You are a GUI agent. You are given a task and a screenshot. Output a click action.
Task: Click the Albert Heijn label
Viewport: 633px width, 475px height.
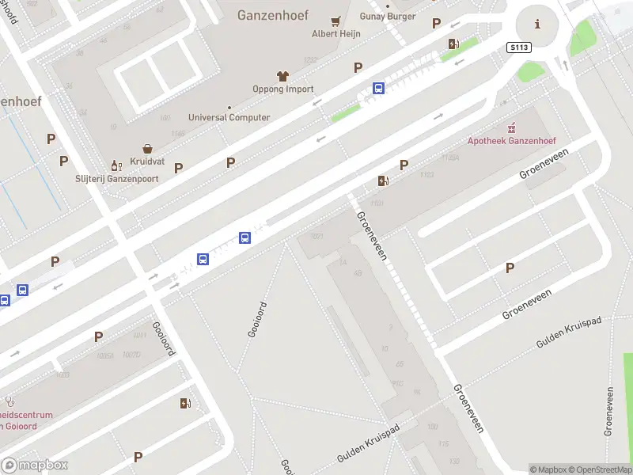pyautogui.click(x=336, y=34)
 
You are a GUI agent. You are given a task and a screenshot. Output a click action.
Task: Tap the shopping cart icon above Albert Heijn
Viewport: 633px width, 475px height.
pyautogui.click(x=336, y=21)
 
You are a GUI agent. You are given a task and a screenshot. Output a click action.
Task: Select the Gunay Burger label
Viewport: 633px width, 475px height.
pyautogui.click(x=388, y=17)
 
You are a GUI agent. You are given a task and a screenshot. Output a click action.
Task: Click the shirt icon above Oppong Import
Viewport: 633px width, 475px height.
pyautogui.click(x=283, y=76)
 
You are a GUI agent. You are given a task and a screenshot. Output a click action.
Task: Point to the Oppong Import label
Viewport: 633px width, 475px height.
pyautogui.click(x=283, y=89)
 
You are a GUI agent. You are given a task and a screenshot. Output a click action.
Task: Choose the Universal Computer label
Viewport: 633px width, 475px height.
pyautogui.click(x=229, y=118)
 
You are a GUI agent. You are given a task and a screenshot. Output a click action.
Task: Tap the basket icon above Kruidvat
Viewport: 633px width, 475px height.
pyautogui.click(x=147, y=148)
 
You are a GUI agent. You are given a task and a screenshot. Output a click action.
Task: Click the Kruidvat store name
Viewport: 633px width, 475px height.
pyautogui.click(x=147, y=161)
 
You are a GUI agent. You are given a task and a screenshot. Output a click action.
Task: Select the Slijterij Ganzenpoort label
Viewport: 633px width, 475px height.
pyautogui.click(x=117, y=179)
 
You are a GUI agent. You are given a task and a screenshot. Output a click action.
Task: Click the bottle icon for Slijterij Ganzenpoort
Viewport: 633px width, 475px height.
pyautogui.click(x=116, y=165)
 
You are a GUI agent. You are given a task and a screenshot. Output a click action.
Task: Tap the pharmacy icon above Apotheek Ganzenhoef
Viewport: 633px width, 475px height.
pyautogui.click(x=512, y=127)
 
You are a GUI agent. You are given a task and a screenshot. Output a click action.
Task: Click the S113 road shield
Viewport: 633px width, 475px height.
pyautogui.click(x=518, y=47)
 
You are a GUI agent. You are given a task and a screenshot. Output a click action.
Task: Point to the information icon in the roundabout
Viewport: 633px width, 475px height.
pyautogui.click(x=538, y=24)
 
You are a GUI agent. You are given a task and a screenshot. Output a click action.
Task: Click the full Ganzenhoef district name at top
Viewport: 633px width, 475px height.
pyautogui.click(x=274, y=14)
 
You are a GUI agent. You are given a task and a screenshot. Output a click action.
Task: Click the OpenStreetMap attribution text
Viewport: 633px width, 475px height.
pyautogui.click(x=600, y=469)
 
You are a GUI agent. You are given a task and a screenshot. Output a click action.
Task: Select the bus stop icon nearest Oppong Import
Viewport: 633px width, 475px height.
pyautogui.click(x=379, y=89)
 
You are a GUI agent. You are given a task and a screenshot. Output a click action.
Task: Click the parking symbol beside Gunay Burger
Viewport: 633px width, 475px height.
pyautogui.click(x=436, y=24)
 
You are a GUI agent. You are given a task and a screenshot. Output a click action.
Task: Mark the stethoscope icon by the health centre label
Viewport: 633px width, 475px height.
pyautogui.click(x=9, y=401)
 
